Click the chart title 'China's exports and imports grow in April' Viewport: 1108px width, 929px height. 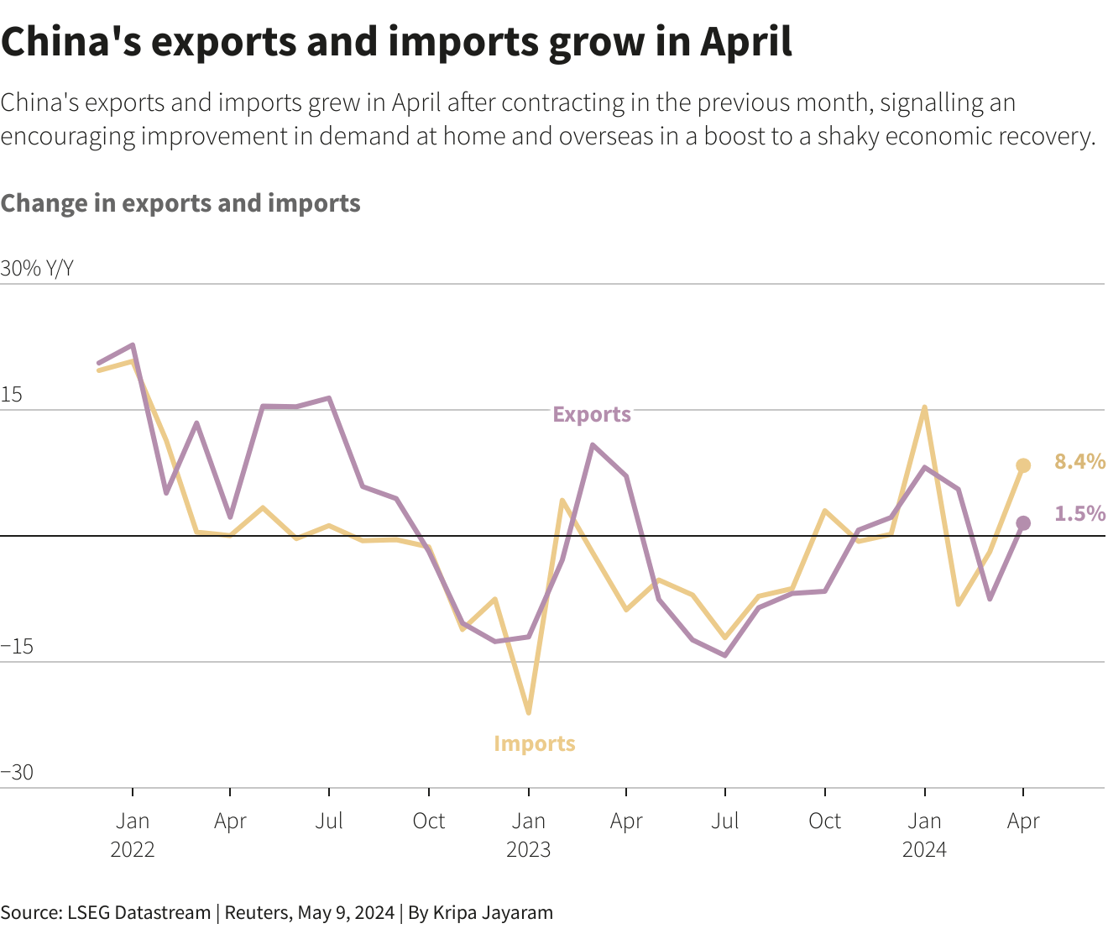396,42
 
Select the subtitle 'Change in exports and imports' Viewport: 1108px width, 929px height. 180,203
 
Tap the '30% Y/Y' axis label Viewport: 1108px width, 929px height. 37,269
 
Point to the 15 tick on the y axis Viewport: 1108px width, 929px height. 12,395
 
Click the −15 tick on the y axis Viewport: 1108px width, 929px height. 17,647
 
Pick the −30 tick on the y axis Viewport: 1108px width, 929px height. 17,773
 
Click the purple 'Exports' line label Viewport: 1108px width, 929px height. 591,414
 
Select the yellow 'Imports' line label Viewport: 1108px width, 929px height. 534,743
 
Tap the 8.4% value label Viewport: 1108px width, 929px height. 1079,461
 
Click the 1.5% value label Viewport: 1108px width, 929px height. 1079,513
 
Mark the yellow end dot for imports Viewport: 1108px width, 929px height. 1023,465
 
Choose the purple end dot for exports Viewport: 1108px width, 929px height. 1023,523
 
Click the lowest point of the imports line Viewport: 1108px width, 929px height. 528,713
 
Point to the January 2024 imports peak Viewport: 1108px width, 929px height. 924,408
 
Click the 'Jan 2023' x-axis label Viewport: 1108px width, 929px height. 528,835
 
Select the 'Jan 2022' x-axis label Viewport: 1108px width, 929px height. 133,835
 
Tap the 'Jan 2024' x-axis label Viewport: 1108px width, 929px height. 924,835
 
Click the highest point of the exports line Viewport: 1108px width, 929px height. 133,345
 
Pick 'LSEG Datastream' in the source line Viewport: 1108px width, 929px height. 138,913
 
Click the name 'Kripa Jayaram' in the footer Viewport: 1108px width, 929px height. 493,913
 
